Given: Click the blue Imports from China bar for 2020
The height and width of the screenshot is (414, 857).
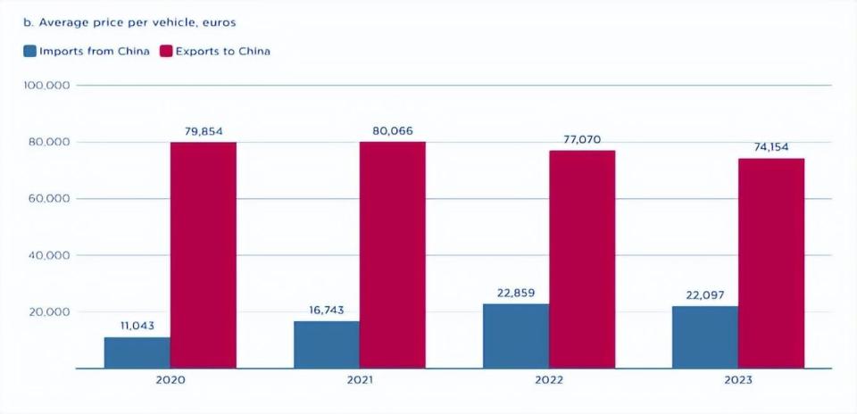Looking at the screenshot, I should coord(137,352).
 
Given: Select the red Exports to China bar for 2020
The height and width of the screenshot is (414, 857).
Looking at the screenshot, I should coord(204,255).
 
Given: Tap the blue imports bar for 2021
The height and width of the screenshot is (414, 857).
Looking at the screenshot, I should coord(327,344).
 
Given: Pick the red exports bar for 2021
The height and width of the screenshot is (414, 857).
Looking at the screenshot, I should coord(393,255).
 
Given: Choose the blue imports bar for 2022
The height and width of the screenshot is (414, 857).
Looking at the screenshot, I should coord(516,335).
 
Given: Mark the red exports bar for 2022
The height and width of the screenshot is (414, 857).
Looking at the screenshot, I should coord(582,259).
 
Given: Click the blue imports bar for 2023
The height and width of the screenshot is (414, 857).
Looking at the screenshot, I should coord(705,337).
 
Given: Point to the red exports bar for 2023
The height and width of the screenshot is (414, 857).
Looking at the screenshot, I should coord(771,263).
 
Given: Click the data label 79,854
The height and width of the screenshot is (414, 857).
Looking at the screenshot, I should coord(204,131).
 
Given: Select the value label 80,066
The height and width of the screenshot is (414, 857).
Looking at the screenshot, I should coord(393,131).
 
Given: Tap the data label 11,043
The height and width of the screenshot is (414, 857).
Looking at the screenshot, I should coord(137,326).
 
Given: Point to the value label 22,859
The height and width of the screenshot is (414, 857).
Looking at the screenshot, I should coord(516,292).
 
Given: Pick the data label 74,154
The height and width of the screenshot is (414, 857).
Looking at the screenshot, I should coord(771,147).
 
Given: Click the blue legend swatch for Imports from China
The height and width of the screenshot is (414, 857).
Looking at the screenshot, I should coord(30,51).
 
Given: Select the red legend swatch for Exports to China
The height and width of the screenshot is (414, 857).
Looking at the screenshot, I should coord(166,51).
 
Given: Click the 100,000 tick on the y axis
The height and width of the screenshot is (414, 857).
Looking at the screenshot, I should coord(48,86).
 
